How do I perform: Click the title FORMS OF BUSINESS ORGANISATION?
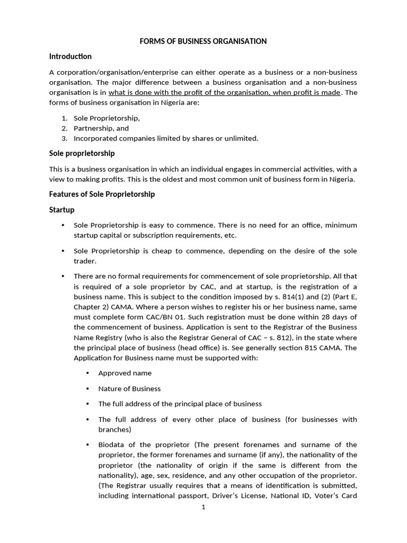pyautogui.click(x=203, y=41)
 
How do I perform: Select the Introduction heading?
pyautogui.click(x=70, y=56)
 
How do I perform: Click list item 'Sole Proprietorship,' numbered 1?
pyautogui.click(x=107, y=118)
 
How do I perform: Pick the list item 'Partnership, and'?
pyautogui.click(x=101, y=128)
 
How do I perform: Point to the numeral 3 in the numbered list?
pyautogui.click(x=64, y=138)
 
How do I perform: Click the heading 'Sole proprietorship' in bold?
pyautogui.click(x=82, y=153)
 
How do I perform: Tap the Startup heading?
pyautogui.click(x=61, y=210)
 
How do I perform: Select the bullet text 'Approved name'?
pyautogui.click(x=125, y=373)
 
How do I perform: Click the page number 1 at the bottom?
pyautogui.click(x=203, y=507)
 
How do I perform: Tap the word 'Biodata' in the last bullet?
pyautogui.click(x=111, y=444)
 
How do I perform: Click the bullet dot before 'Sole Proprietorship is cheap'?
pyautogui.click(x=64, y=251)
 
